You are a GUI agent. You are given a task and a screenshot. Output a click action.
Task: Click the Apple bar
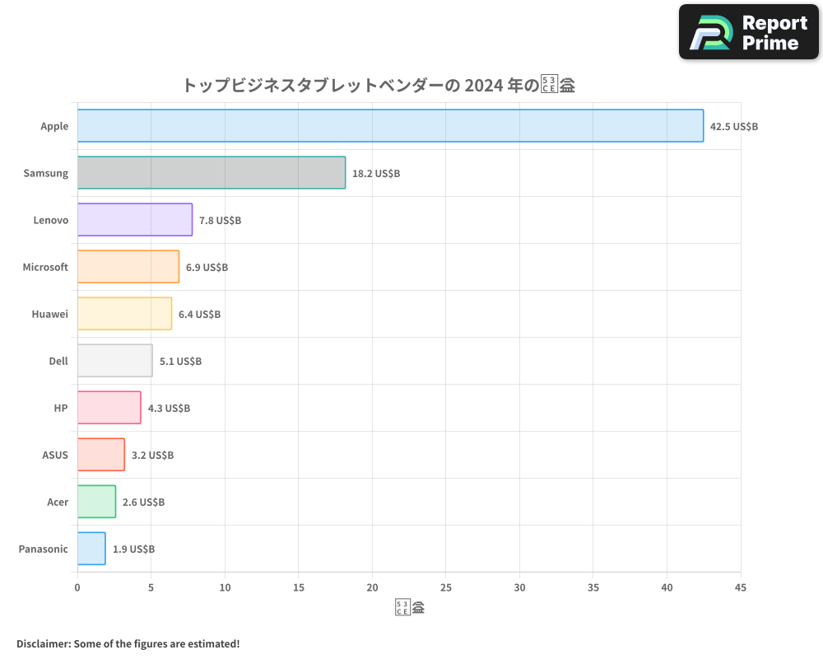click(x=390, y=126)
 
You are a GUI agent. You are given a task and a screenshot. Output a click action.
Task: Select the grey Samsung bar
click(x=212, y=173)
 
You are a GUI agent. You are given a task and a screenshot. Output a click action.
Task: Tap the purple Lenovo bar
click(x=135, y=220)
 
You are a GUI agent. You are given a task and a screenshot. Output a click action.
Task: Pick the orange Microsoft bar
click(x=128, y=267)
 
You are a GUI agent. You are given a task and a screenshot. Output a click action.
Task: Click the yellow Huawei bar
click(x=124, y=314)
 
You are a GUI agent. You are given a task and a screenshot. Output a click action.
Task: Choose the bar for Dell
click(x=115, y=361)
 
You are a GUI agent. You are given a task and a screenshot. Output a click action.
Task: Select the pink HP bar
click(x=109, y=408)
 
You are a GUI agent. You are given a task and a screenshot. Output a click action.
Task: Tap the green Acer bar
click(x=96, y=502)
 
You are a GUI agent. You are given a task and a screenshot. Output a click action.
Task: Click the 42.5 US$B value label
click(x=733, y=127)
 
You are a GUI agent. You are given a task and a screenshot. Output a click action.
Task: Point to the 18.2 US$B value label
click(x=375, y=174)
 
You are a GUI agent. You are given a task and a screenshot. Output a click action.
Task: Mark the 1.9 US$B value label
click(x=133, y=549)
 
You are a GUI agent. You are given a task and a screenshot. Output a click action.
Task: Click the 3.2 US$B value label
click(x=152, y=456)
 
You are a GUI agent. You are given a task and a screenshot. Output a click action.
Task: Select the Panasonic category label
click(x=43, y=549)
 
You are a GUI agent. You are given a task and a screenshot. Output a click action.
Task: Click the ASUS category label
click(x=55, y=456)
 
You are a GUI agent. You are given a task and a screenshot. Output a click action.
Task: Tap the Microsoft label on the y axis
click(x=45, y=268)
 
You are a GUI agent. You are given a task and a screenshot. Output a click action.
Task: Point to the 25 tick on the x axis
click(x=446, y=588)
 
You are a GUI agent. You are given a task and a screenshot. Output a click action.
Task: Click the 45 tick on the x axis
click(x=740, y=588)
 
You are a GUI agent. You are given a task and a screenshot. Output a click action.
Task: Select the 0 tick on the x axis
click(x=77, y=588)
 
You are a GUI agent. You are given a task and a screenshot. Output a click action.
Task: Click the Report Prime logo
click(x=748, y=32)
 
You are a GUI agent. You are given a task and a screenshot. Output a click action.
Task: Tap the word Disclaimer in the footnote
click(x=43, y=643)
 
